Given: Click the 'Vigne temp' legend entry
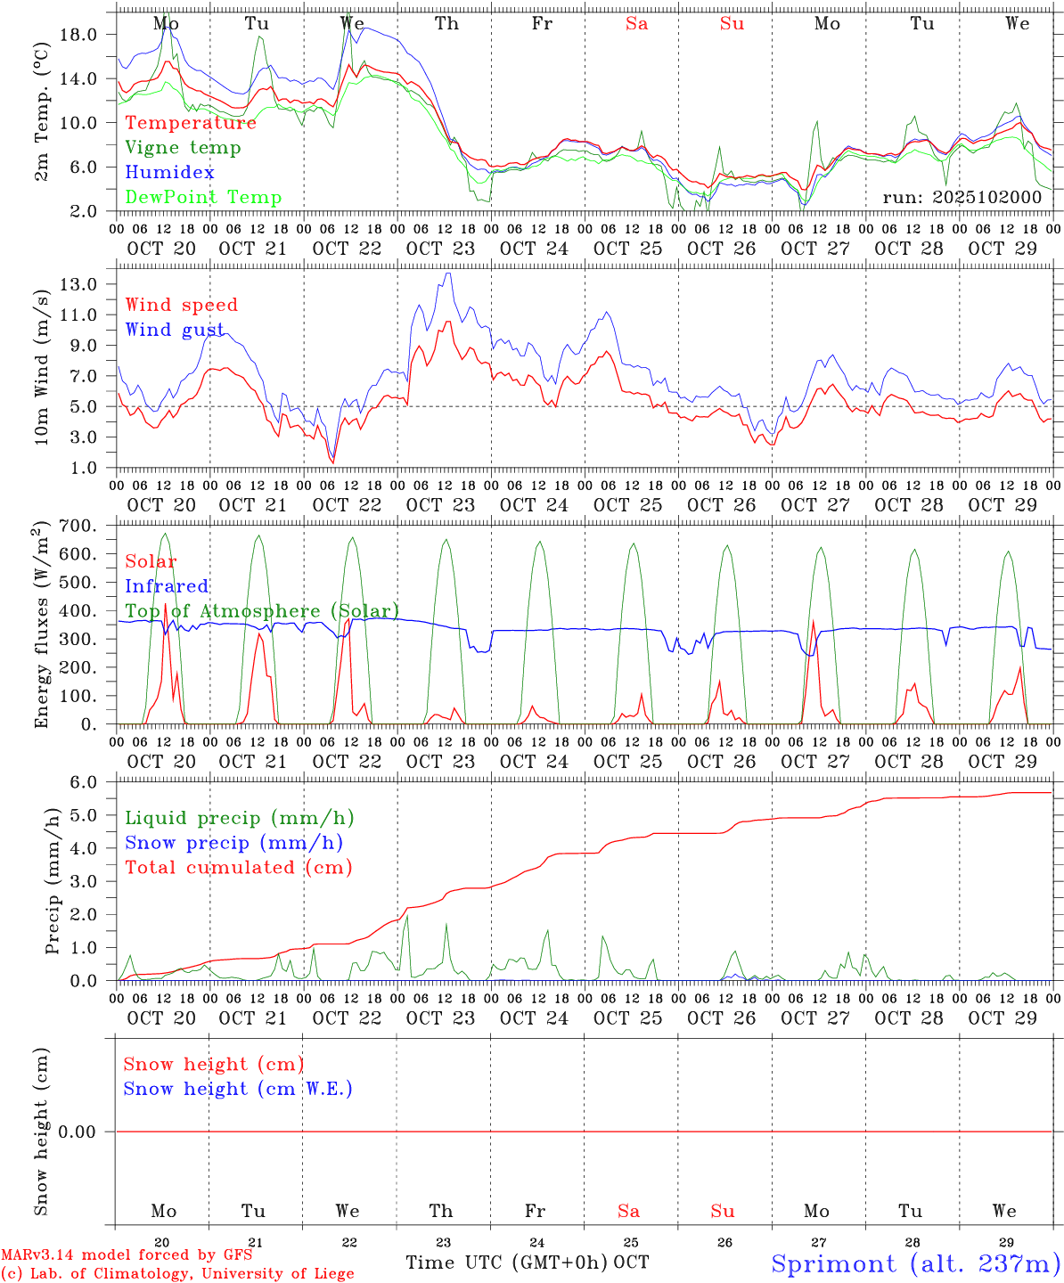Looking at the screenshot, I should [183, 148].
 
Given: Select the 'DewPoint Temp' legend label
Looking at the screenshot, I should [203, 198].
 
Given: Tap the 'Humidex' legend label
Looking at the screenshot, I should [169, 173].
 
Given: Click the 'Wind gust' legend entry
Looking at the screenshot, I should [175, 330].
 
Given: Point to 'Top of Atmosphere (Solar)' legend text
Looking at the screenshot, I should [262, 611].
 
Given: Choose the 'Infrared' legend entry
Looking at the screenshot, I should [167, 586].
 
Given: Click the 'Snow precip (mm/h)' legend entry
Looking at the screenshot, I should [233, 843].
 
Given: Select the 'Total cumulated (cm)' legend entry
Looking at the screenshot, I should [238, 868].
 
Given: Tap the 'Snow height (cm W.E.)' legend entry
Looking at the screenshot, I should [238, 1089].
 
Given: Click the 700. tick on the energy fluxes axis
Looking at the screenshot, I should [77, 526].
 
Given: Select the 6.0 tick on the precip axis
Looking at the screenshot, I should [83, 782].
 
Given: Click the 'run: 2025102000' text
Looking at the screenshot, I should [962, 197].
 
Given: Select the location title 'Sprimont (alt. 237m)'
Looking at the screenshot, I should [915, 1263].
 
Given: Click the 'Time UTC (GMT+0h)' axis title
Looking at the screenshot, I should [507, 1263].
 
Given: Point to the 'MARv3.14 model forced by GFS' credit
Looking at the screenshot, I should [127, 1255].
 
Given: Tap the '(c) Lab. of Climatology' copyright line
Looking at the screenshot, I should [177, 1274].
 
